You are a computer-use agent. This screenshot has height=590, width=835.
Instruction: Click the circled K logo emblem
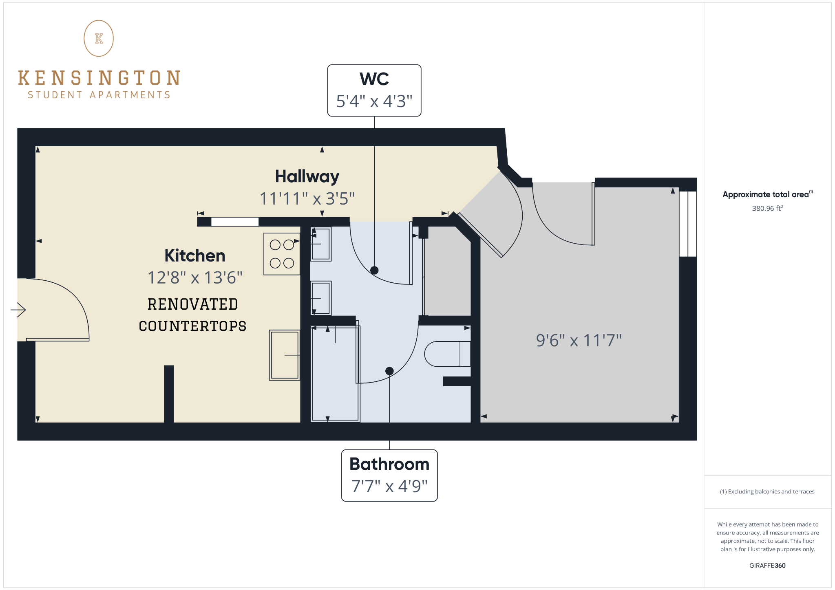point(99,38)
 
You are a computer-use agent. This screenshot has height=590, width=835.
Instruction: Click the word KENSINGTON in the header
point(99,78)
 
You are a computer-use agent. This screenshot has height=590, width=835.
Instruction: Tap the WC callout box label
point(374,90)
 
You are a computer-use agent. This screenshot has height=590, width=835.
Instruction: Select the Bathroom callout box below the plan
point(389,475)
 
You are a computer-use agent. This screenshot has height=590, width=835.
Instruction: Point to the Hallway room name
point(307,176)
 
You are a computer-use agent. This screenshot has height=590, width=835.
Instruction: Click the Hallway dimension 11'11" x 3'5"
point(307,199)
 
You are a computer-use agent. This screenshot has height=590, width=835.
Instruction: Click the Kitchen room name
point(195,256)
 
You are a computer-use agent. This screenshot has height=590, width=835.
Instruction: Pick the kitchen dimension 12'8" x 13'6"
point(195,278)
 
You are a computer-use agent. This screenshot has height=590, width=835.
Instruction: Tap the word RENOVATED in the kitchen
point(192,304)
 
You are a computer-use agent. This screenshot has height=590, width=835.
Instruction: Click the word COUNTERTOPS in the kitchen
point(192,326)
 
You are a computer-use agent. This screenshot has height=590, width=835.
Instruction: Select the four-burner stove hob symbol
point(282,254)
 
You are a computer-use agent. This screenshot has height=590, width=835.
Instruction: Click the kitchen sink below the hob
point(285,355)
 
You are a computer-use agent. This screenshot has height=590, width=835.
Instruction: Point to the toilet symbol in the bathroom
point(447,354)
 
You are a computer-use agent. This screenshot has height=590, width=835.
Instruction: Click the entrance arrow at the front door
point(18,310)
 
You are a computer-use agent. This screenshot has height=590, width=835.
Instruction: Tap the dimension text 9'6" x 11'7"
point(579,340)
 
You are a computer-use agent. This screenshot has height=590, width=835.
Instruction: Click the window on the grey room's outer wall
point(688,224)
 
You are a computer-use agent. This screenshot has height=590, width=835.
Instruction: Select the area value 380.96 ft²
point(767,208)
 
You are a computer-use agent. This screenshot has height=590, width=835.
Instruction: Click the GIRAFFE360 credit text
point(767,566)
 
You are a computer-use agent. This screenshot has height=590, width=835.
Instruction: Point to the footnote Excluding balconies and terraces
point(767,491)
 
